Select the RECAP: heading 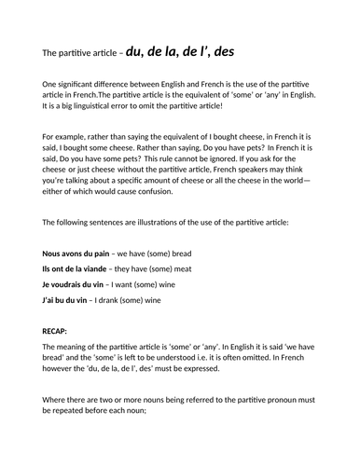pyautogui.click(x=59, y=331)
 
